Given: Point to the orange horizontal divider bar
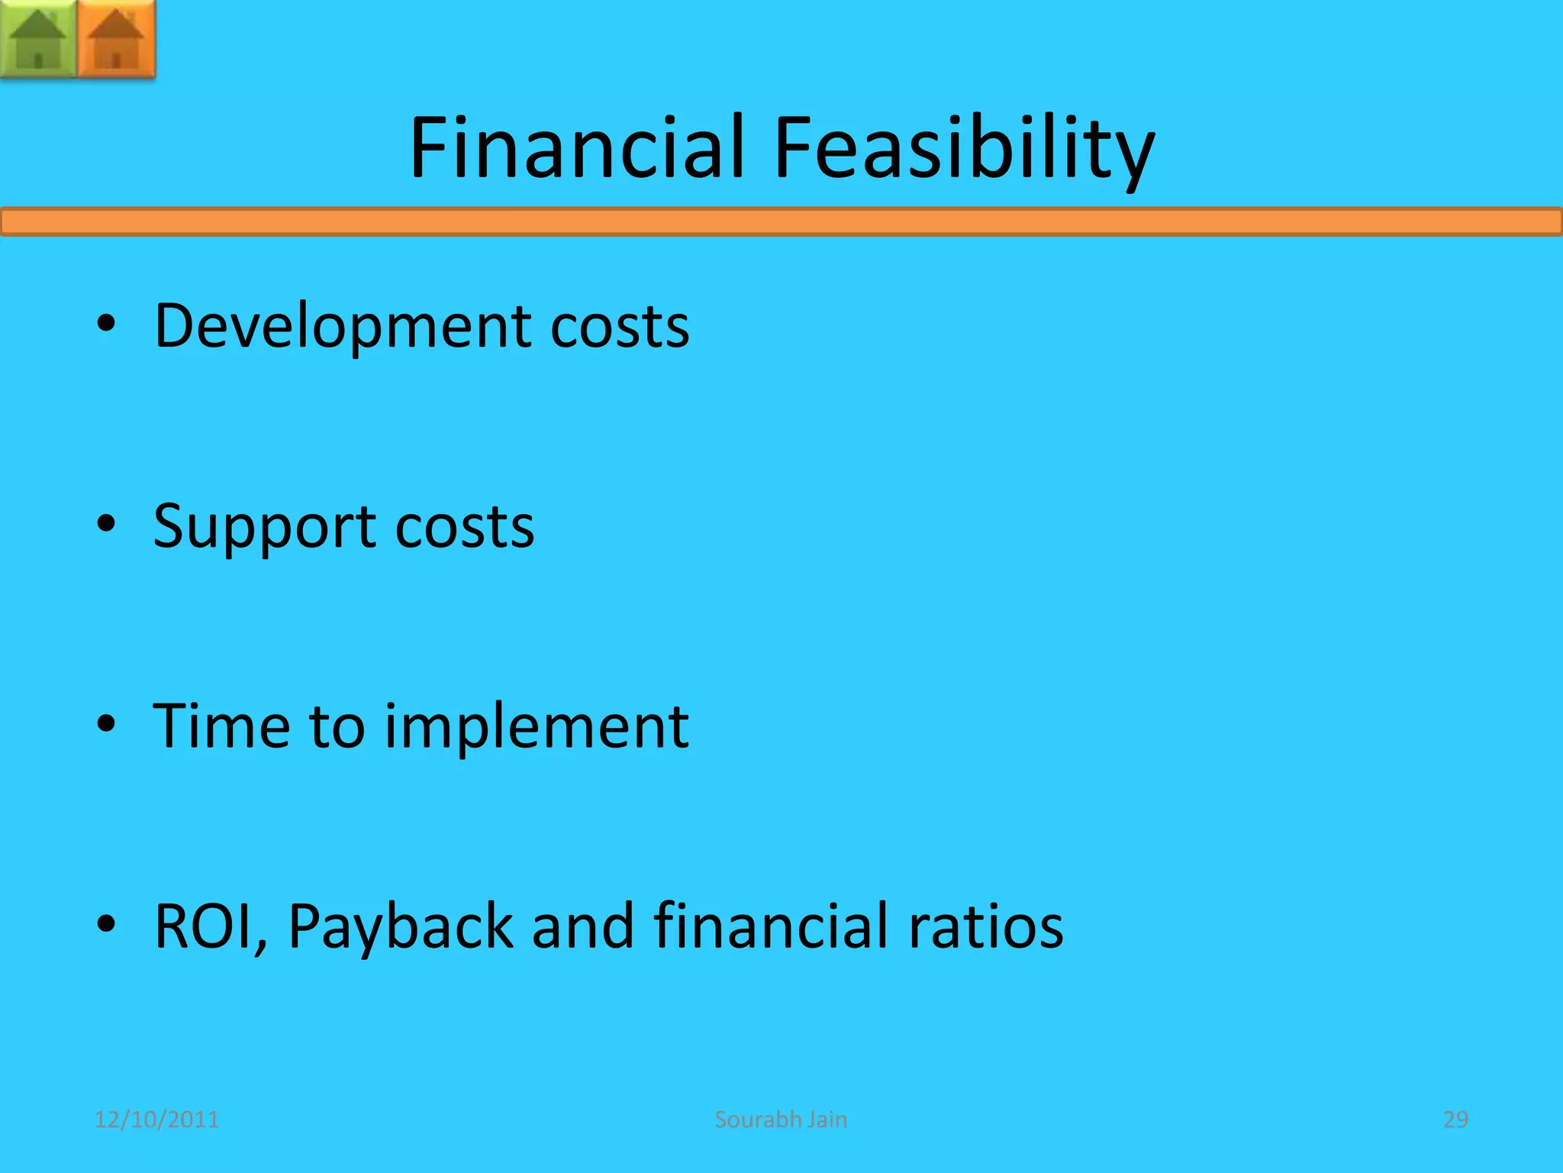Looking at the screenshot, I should click(x=781, y=222).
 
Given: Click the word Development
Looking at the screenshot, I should click(x=340, y=327).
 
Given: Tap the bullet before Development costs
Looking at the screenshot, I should click(x=106, y=324).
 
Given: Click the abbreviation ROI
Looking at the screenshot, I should click(x=208, y=926).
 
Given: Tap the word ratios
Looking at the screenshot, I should click(x=985, y=926).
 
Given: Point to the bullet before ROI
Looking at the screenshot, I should click(x=106, y=924).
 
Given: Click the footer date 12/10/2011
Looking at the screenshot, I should click(x=156, y=1120).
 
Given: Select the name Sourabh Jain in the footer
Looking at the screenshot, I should click(x=781, y=1120).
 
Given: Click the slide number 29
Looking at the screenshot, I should click(x=1455, y=1120).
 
